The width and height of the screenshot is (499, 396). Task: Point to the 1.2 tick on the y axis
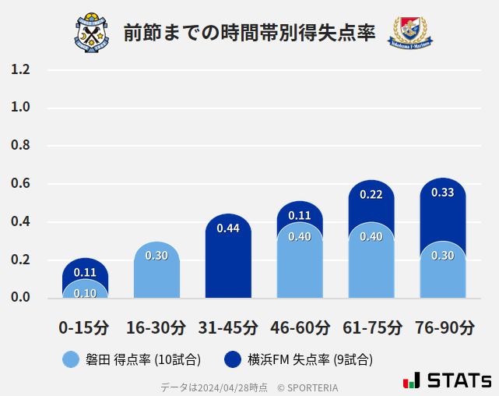[x=20, y=70]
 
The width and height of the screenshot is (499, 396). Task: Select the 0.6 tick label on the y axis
[x=20, y=184]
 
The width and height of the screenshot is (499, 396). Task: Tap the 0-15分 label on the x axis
[x=84, y=327]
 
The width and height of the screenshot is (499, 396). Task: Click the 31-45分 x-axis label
[x=228, y=327]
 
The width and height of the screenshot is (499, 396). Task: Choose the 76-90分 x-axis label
[x=444, y=327]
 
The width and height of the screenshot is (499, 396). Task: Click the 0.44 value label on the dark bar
[x=228, y=228]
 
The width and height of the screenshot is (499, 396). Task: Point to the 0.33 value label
[x=442, y=193]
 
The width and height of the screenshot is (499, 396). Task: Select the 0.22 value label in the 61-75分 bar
[x=371, y=195]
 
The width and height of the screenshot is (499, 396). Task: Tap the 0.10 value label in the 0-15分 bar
[x=85, y=293]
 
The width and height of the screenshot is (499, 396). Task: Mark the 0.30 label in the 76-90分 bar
[x=442, y=256]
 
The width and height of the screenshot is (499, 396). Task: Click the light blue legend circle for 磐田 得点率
[x=71, y=359]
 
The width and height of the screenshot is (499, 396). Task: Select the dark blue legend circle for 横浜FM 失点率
[x=233, y=359]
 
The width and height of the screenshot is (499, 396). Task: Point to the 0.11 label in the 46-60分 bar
[x=300, y=216]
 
